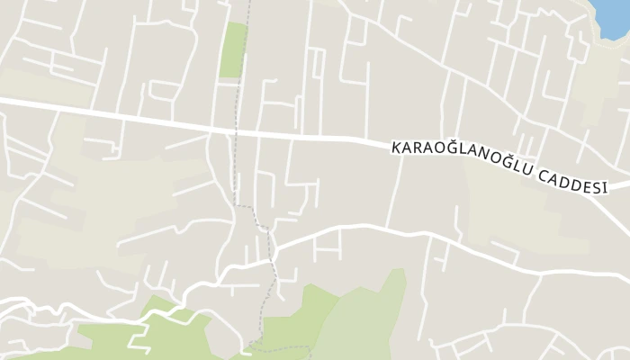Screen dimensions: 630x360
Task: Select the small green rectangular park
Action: (234, 49)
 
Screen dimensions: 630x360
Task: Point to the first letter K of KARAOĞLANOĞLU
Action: (395, 147)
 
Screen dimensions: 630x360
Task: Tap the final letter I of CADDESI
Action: (605, 187)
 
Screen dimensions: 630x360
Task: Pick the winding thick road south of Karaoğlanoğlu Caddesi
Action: (378, 227)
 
